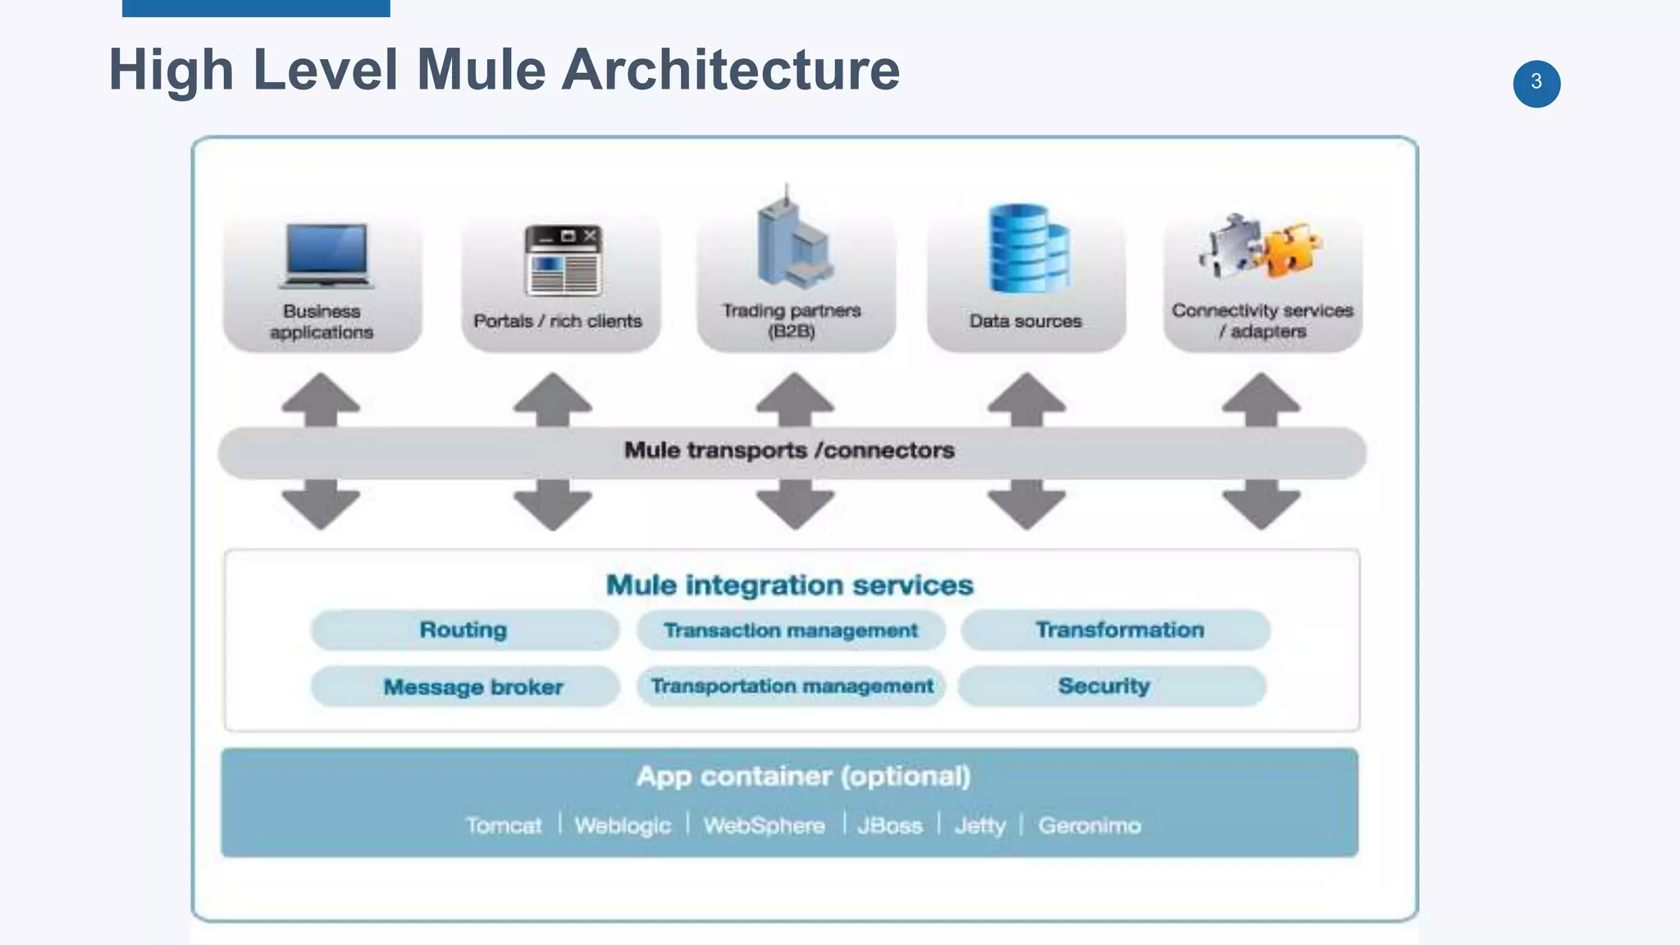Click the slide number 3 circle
pos(1536,83)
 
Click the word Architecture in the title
pos(730,70)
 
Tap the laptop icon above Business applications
pos(326,255)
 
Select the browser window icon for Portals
pos(564,261)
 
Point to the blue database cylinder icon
pos(1028,249)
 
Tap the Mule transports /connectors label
pos(789,450)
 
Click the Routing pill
pos(464,630)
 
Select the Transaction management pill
pos(791,630)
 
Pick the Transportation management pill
pos(791,686)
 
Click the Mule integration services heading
pos(789,585)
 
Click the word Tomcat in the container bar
pos(503,825)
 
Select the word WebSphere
pos(764,825)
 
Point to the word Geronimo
pos(1089,825)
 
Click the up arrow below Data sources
pos(1026,398)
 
